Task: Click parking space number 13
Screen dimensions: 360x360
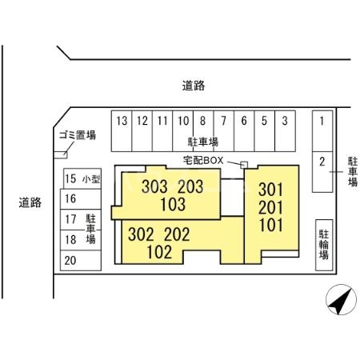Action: [x=122, y=131]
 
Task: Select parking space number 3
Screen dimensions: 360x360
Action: [x=285, y=131]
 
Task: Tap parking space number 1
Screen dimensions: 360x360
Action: [x=322, y=131]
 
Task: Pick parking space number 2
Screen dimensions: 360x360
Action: [x=322, y=172]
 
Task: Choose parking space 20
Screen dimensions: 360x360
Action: [x=81, y=260]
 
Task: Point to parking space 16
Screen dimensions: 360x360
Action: [x=81, y=199]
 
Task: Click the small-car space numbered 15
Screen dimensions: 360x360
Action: [x=82, y=178]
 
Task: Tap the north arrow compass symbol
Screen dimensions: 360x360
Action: [x=341, y=299]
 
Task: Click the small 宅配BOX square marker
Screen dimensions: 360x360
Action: [x=244, y=165]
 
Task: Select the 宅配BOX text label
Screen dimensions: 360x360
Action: [x=203, y=160]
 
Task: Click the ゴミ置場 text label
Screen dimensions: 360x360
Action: [x=78, y=135]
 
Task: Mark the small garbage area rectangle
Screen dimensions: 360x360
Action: [x=61, y=155]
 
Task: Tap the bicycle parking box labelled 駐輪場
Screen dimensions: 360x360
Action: [x=324, y=245]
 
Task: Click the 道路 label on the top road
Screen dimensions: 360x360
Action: [x=194, y=86]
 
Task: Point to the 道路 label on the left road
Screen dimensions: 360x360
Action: [x=30, y=202]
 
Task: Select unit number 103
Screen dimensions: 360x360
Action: [x=173, y=205]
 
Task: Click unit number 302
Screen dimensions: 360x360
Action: [x=141, y=234]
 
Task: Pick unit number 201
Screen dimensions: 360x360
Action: [x=270, y=208]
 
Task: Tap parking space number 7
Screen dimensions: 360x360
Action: [x=224, y=131]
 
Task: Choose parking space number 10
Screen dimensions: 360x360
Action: [x=183, y=131]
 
